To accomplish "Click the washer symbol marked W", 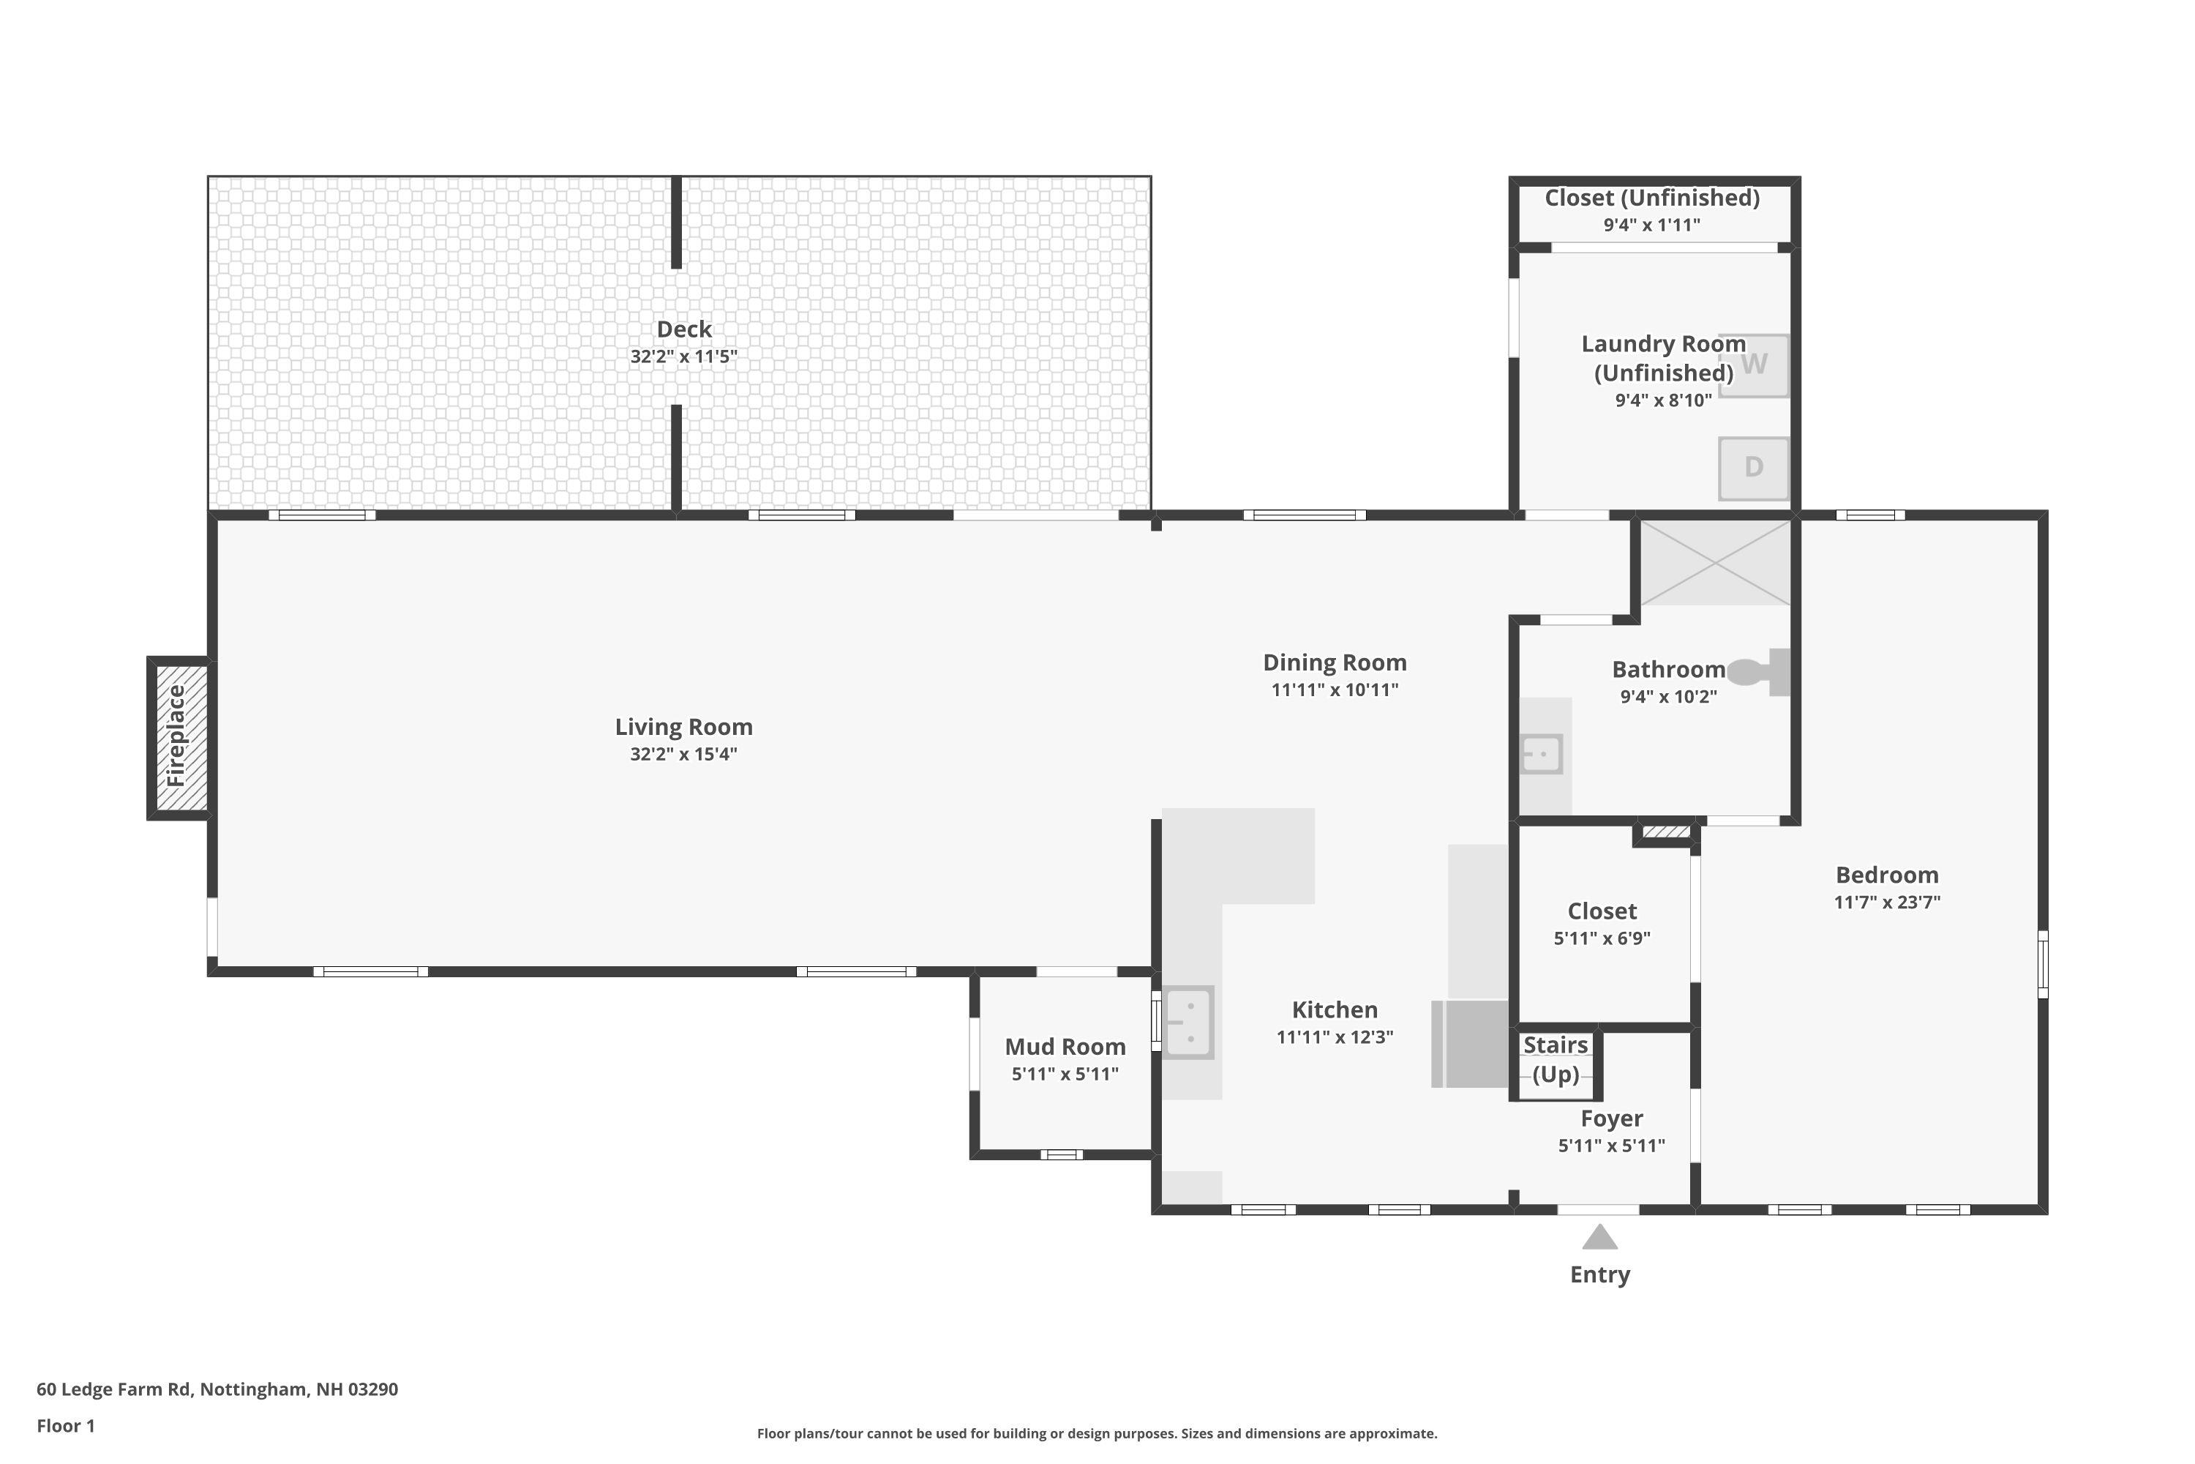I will pos(1754,365).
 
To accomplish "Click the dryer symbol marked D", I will pos(1754,468).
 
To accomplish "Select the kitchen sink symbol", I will pos(1188,1023).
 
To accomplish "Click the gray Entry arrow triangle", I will pos(1599,1238).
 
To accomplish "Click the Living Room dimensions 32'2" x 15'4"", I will pos(683,755).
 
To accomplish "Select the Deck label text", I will pos(684,329).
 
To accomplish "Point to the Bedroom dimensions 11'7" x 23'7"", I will pos(1887,902).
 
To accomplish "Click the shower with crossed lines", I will pos(1715,563).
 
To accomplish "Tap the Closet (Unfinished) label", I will pos(1652,198).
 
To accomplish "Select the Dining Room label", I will pos(1335,663).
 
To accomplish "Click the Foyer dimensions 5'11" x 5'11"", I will pos(1612,1146).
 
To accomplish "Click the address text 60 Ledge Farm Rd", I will pos(217,1389).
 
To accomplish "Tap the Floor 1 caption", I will pos(65,1426).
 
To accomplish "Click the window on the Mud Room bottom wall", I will pos(1062,1155).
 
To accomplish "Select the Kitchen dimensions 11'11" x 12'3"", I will pos(1335,1037).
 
